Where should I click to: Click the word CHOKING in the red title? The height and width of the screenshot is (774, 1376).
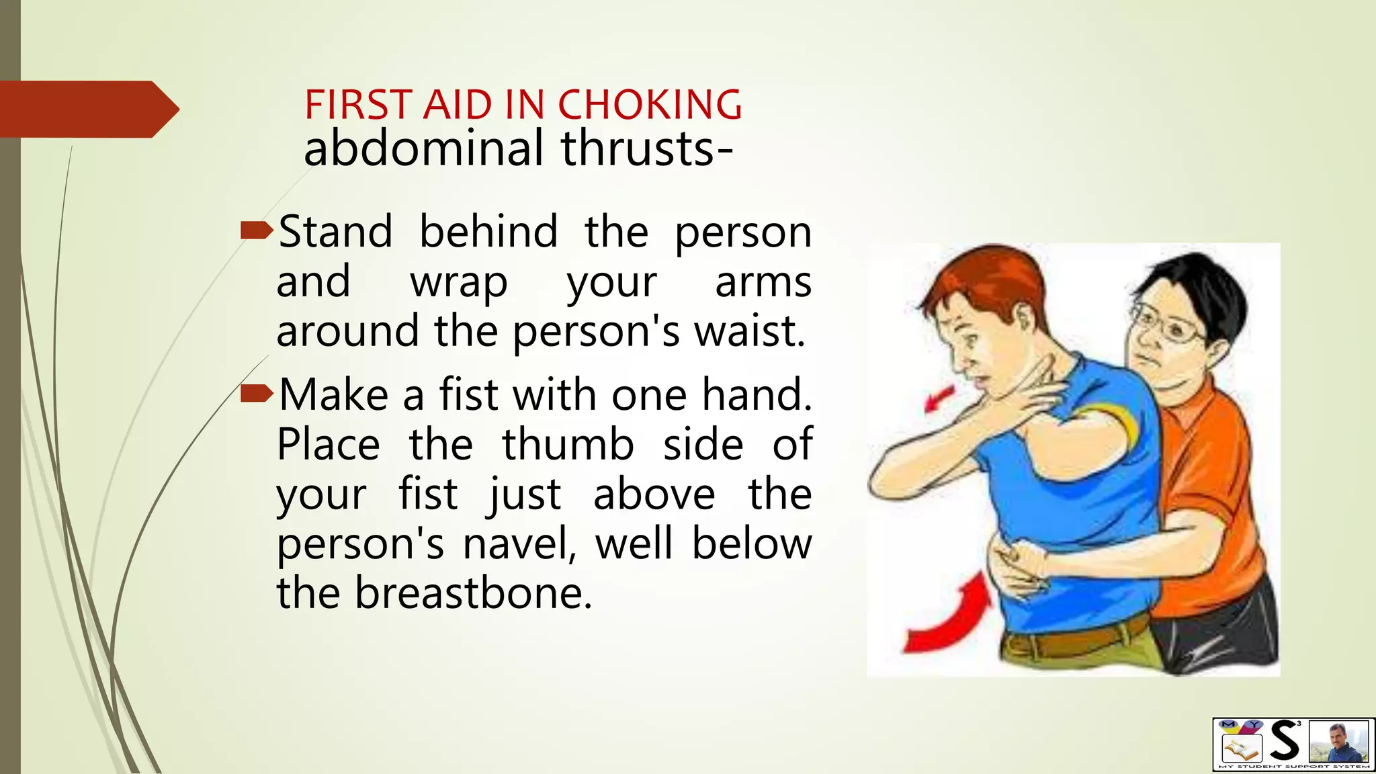650,105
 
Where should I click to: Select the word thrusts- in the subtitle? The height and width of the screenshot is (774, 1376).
646,148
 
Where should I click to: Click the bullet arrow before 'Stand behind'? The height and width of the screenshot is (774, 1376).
256,231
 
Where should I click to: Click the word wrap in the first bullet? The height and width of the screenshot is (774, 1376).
459,282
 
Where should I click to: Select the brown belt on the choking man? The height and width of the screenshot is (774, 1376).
1075,638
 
